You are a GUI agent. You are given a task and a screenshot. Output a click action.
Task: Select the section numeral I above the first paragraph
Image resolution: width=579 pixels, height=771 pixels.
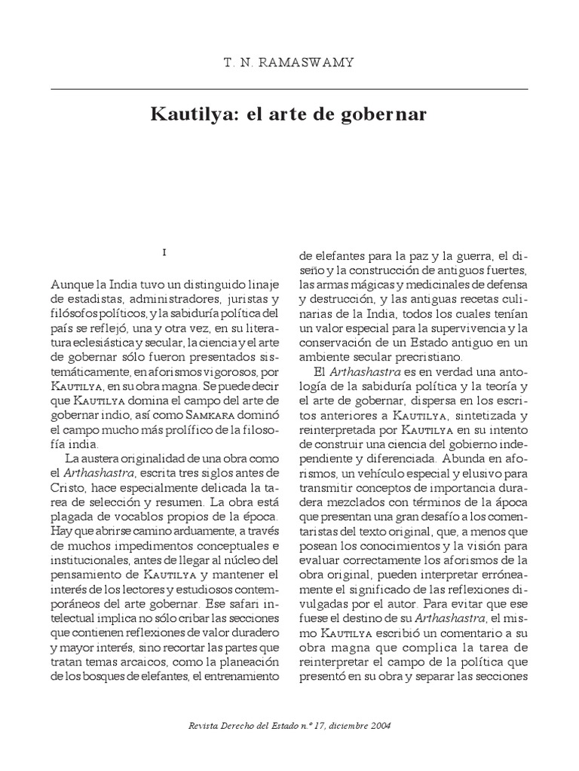tap(164, 251)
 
